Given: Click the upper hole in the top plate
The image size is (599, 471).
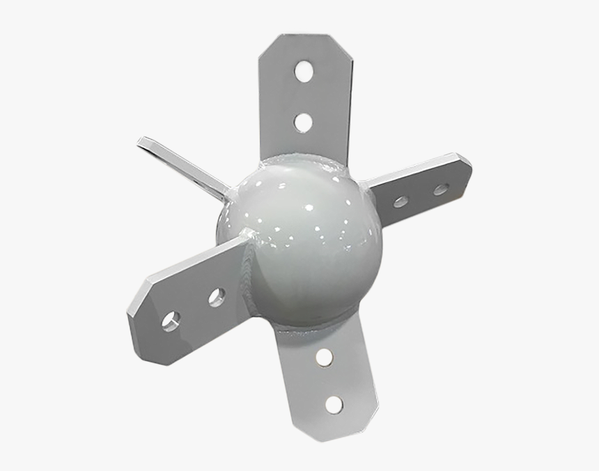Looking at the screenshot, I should click(x=304, y=70).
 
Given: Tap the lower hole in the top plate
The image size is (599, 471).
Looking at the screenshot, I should click(x=303, y=122).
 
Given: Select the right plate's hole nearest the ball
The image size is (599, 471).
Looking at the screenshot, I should click(x=400, y=202).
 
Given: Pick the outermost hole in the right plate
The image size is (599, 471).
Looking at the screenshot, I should click(x=440, y=189).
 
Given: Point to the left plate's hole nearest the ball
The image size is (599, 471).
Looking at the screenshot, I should click(x=217, y=297).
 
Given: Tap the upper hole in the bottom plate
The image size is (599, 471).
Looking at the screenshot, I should click(x=323, y=358).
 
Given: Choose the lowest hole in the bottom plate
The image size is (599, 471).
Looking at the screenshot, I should click(x=334, y=404).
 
